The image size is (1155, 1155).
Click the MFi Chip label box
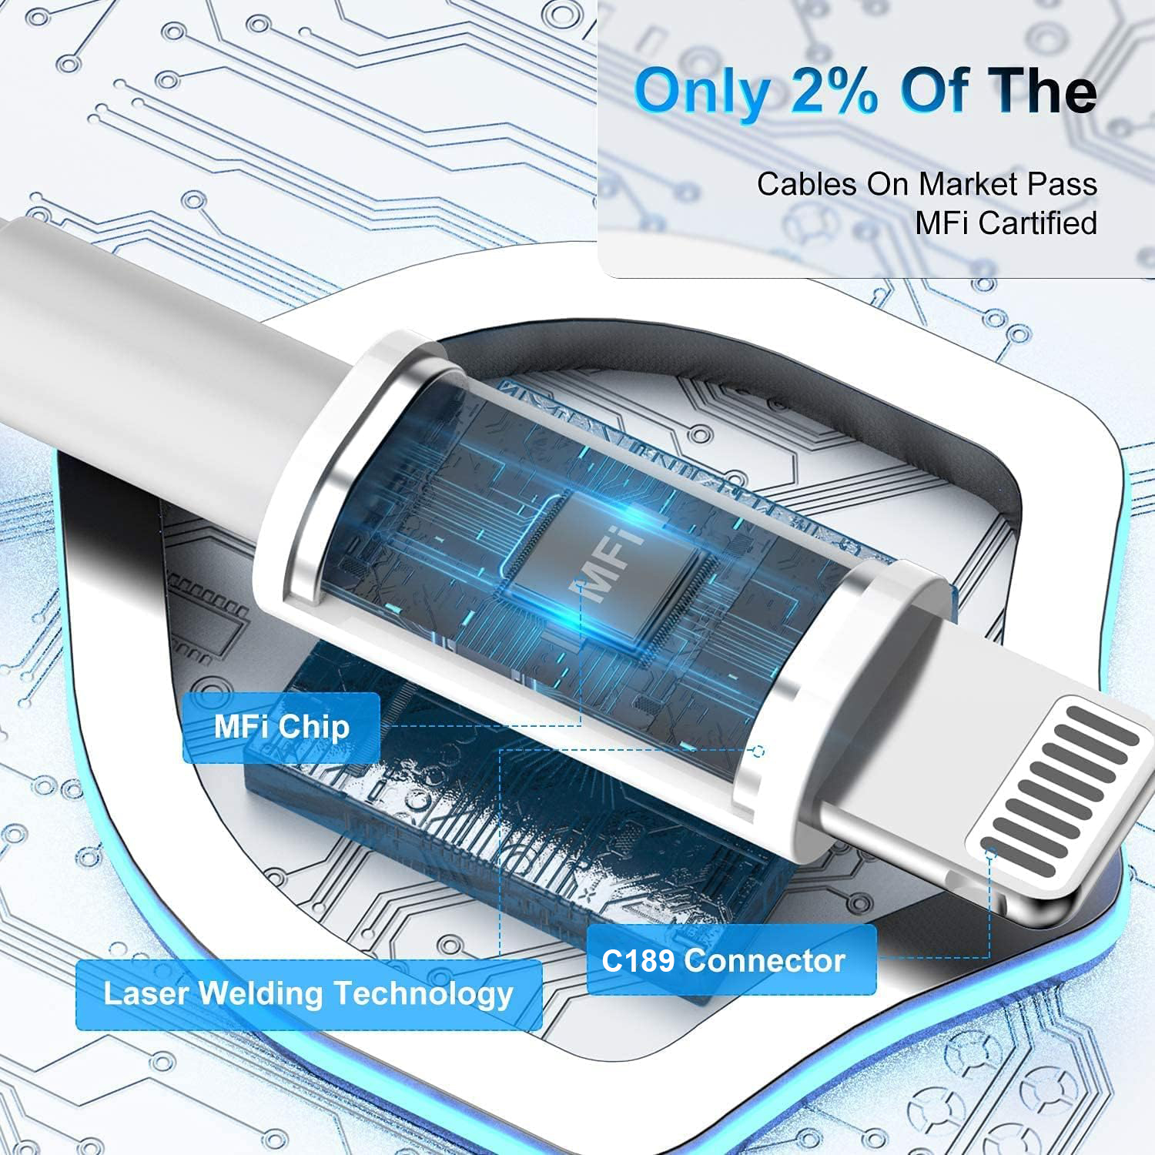coord(281,728)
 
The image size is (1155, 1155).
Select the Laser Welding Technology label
coord(308,994)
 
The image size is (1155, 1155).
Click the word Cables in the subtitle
coord(807,185)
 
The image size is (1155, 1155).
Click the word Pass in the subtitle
coord(1066,185)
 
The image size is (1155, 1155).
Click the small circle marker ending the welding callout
coord(758,751)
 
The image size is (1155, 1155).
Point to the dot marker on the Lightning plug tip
coord(992,852)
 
